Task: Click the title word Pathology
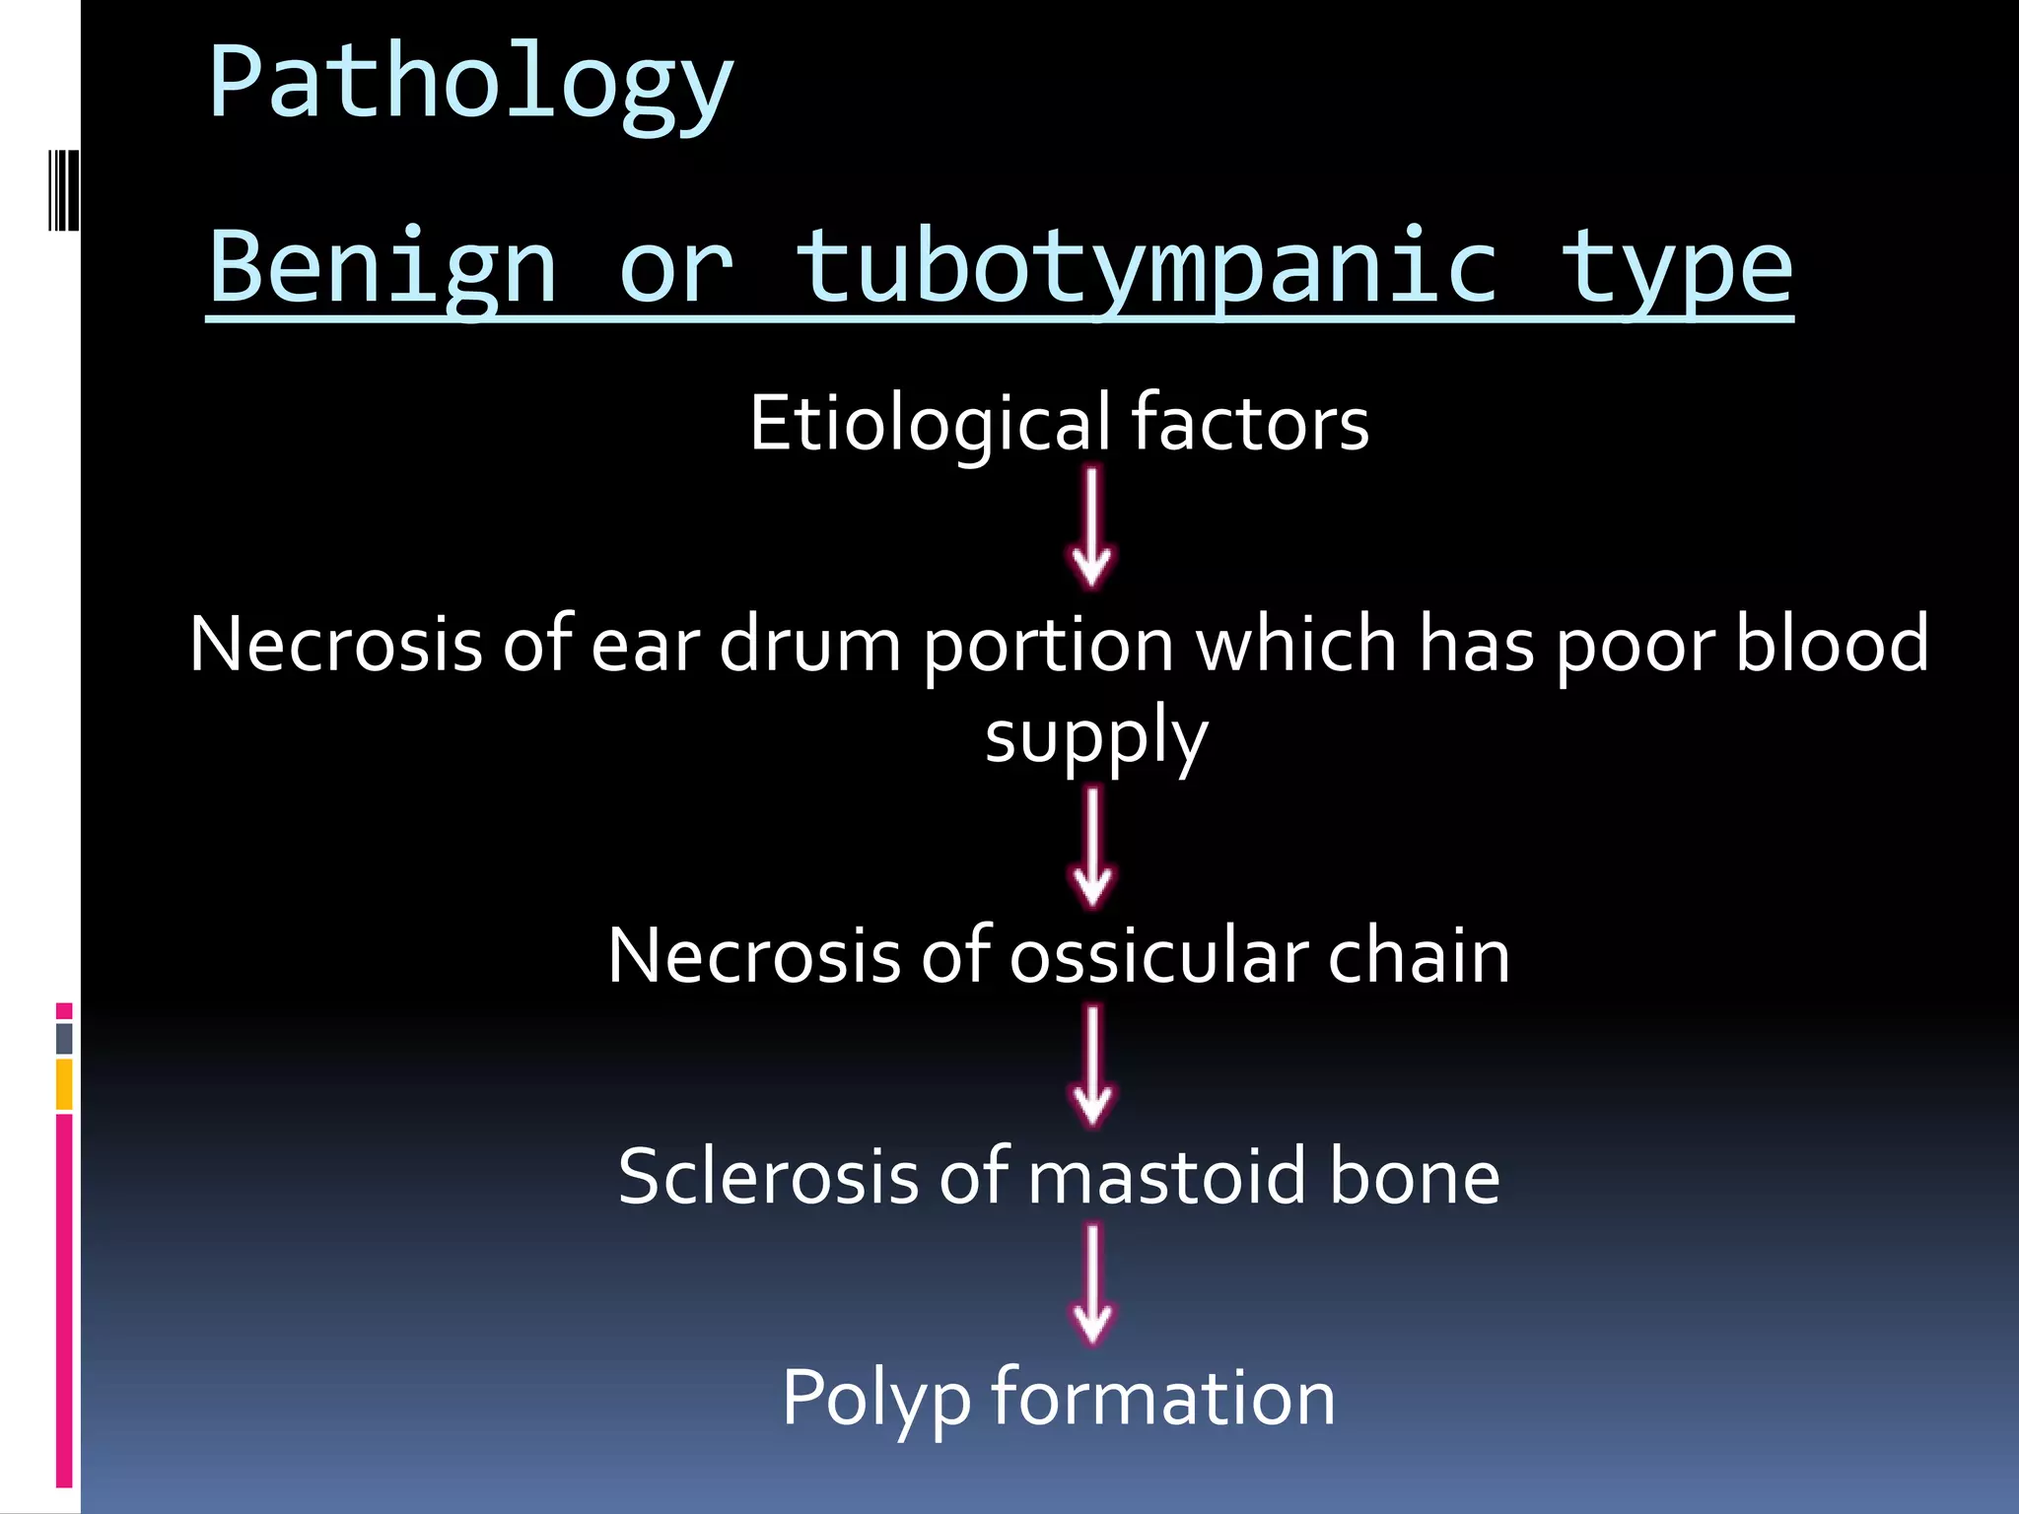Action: pyautogui.click(x=470, y=85)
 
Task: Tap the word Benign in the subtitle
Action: pyautogui.click(x=383, y=268)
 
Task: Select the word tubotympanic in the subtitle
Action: pyautogui.click(x=1147, y=268)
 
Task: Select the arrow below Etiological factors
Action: pyautogui.click(x=1091, y=528)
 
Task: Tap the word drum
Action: pyautogui.click(x=809, y=645)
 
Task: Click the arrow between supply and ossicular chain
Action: pyautogui.click(x=1092, y=848)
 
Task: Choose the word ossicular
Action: pyautogui.click(x=1158, y=956)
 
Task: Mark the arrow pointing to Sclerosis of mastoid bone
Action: pyautogui.click(x=1092, y=1066)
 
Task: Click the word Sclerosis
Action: pyautogui.click(x=765, y=1177)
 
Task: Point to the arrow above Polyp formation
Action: pyautogui.click(x=1092, y=1285)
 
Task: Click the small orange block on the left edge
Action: pyautogui.click(x=64, y=1084)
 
